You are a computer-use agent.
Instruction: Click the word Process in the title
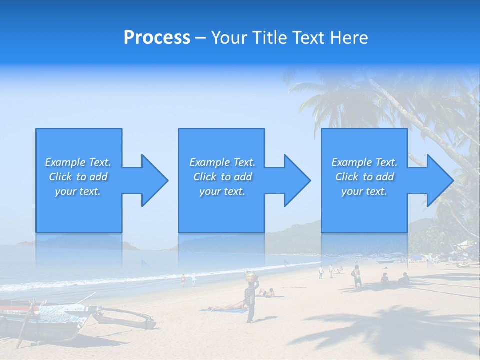tap(157, 38)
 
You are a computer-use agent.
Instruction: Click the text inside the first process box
tap(78, 177)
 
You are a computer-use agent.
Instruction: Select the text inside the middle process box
tap(222, 177)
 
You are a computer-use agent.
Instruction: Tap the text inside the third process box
tap(364, 177)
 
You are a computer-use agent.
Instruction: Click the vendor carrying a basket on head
tap(250, 300)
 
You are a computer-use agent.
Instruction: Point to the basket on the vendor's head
tap(250, 275)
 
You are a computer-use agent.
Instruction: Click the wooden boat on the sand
tap(45, 320)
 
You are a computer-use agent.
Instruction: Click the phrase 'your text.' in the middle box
tap(222, 191)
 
